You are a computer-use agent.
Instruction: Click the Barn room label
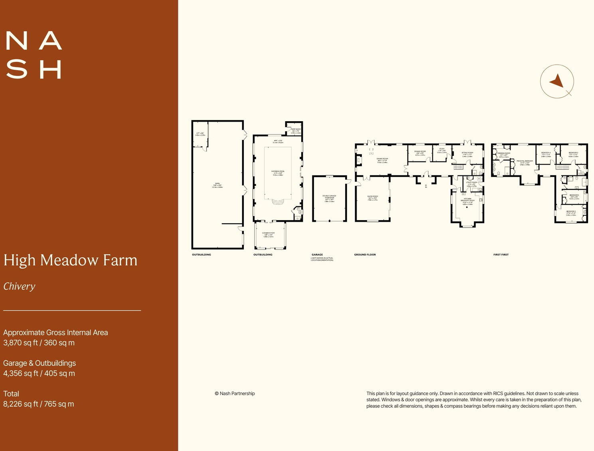pyautogui.click(x=217, y=185)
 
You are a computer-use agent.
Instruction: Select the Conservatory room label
pyautogui.click(x=268, y=234)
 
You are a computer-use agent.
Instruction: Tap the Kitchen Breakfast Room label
pyautogui.click(x=468, y=201)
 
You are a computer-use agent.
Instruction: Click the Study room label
pyautogui.click(x=442, y=150)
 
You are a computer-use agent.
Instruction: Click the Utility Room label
pyautogui.click(x=472, y=183)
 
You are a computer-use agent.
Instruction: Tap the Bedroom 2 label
pyautogui.click(x=570, y=213)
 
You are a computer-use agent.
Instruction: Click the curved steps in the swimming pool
pyautogui.click(x=278, y=201)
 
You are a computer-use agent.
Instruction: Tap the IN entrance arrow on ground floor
pyautogui.click(x=426, y=185)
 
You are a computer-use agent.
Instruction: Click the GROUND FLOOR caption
pyautogui.click(x=365, y=254)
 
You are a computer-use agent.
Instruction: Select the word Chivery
pyautogui.click(x=19, y=286)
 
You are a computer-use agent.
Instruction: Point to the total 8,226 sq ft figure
pyautogui.click(x=38, y=404)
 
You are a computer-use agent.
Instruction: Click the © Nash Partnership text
pyautogui.click(x=235, y=393)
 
